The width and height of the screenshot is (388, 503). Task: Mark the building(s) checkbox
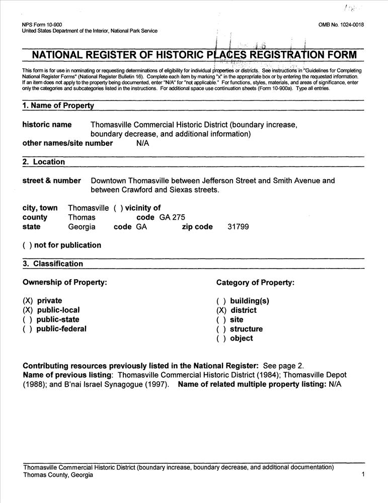tap(221, 301)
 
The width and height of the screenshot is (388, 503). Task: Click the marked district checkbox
tap(221, 310)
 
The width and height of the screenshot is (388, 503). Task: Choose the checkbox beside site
tap(221, 320)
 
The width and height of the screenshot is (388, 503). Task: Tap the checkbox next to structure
tap(221, 329)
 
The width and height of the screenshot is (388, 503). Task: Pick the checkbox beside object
tap(221, 339)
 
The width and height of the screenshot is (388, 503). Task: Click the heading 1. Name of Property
tap(58, 106)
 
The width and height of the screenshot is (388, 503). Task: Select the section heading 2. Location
tap(44, 162)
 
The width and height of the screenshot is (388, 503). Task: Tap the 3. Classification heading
tap(53, 264)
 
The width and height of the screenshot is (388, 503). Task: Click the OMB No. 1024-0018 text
tap(341, 25)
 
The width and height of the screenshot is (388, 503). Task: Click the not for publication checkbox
tap(27, 245)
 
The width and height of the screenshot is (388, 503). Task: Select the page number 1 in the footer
tap(363, 474)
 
